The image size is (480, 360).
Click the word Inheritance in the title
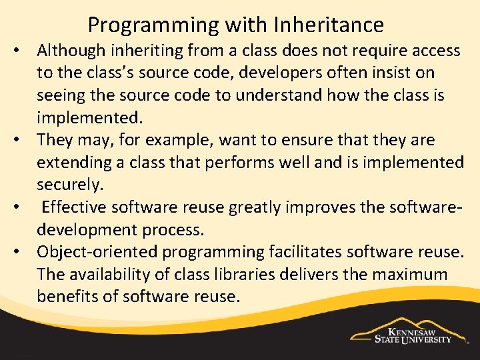pos(329,25)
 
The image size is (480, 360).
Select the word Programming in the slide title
pos(144,26)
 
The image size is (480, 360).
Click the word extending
pos(72,162)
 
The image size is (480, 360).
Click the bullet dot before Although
pos(23,51)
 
